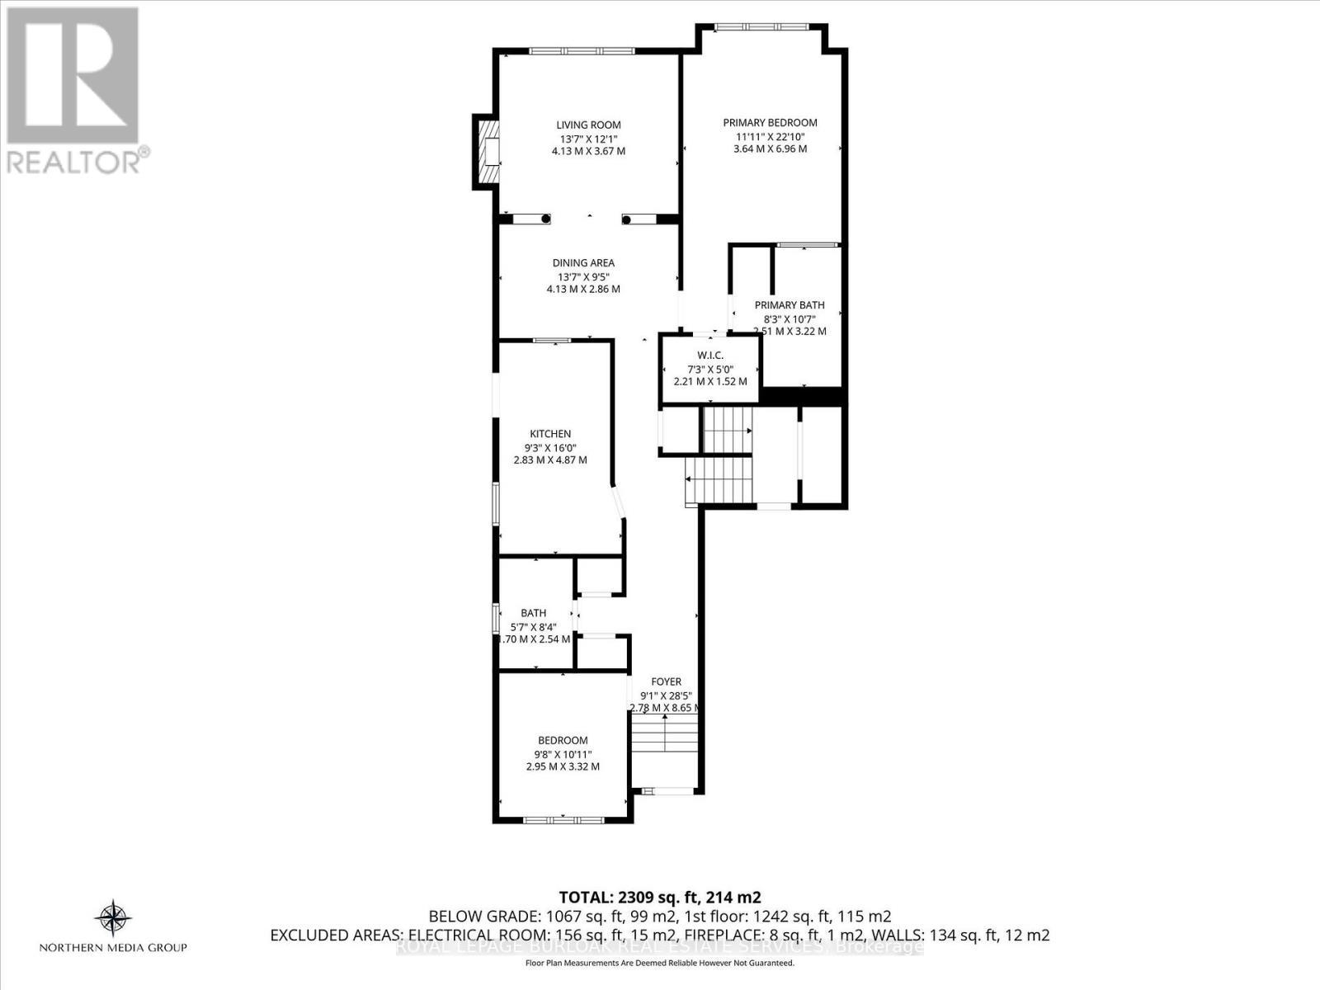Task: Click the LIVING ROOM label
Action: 588,125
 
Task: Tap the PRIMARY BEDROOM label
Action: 770,123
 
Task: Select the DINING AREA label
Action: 583,263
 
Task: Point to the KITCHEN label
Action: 550,434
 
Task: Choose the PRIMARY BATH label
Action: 790,305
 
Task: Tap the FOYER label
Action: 666,681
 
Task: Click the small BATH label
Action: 533,613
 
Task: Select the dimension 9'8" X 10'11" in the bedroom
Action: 563,754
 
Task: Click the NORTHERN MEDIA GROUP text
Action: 114,948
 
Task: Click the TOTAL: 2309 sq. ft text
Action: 659,898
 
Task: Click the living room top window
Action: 582,52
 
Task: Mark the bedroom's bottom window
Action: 563,819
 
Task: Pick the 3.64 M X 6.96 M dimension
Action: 770,149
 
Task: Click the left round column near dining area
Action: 545,219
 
